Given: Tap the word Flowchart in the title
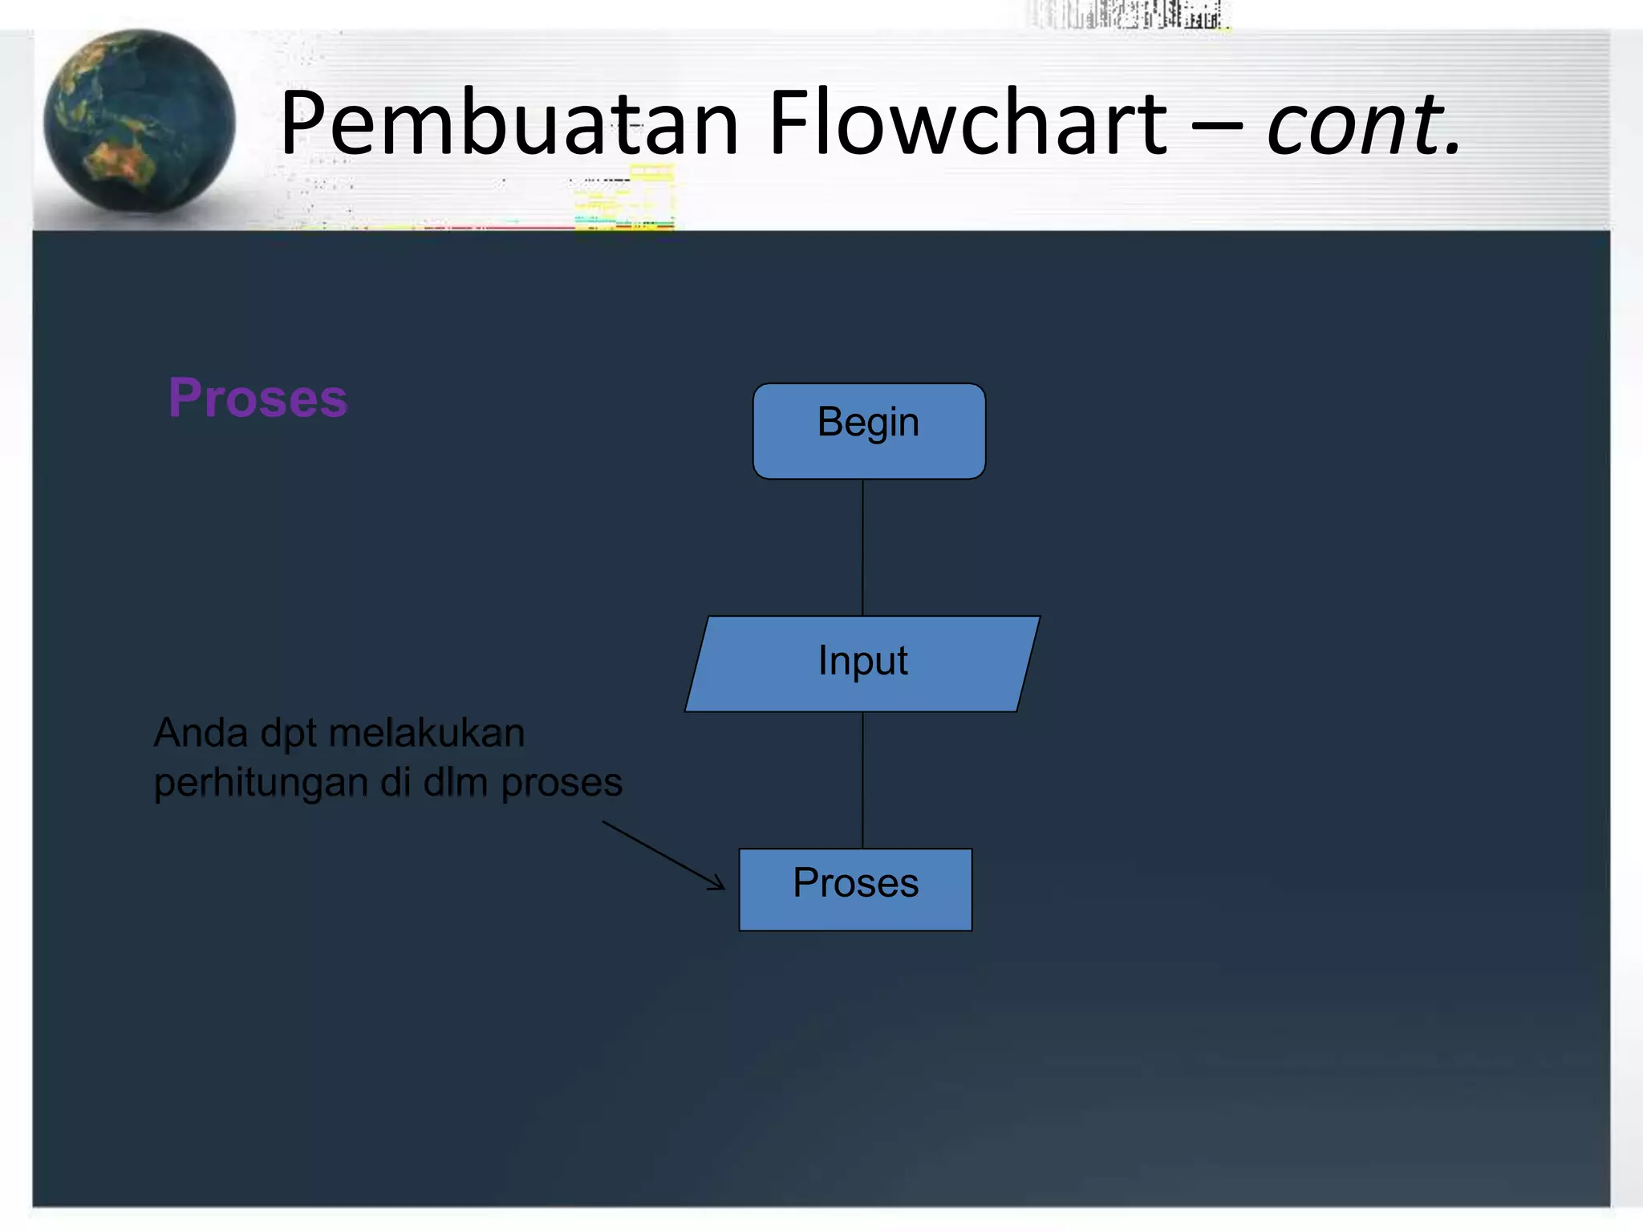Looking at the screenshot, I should click(968, 124).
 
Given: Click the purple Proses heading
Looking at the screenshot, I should click(258, 398).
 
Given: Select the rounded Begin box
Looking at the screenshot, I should click(869, 432).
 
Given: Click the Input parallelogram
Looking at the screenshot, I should click(862, 663).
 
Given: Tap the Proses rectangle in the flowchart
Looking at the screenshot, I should click(855, 889).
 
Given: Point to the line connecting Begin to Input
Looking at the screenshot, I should click(862, 547).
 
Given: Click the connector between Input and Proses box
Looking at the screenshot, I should click(862, 780).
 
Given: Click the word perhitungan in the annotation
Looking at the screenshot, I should click(260, 784).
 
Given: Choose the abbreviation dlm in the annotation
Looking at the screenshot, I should click(455, 782).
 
